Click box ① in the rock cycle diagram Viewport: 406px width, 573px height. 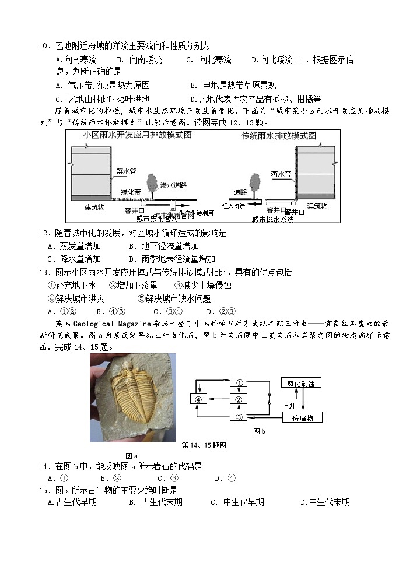(239, 382)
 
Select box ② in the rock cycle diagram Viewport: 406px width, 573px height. (239, 399)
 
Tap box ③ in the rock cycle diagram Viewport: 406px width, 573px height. (239, 416)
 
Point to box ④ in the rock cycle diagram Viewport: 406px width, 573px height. (198, 399)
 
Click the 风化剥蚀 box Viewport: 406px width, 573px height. (300, 383)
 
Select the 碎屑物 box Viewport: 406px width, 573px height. (302, 418)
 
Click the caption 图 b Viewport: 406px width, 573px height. (259, 432)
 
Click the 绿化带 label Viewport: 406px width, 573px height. (131, 192)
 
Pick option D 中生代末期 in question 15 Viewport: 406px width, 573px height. (325, 502)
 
